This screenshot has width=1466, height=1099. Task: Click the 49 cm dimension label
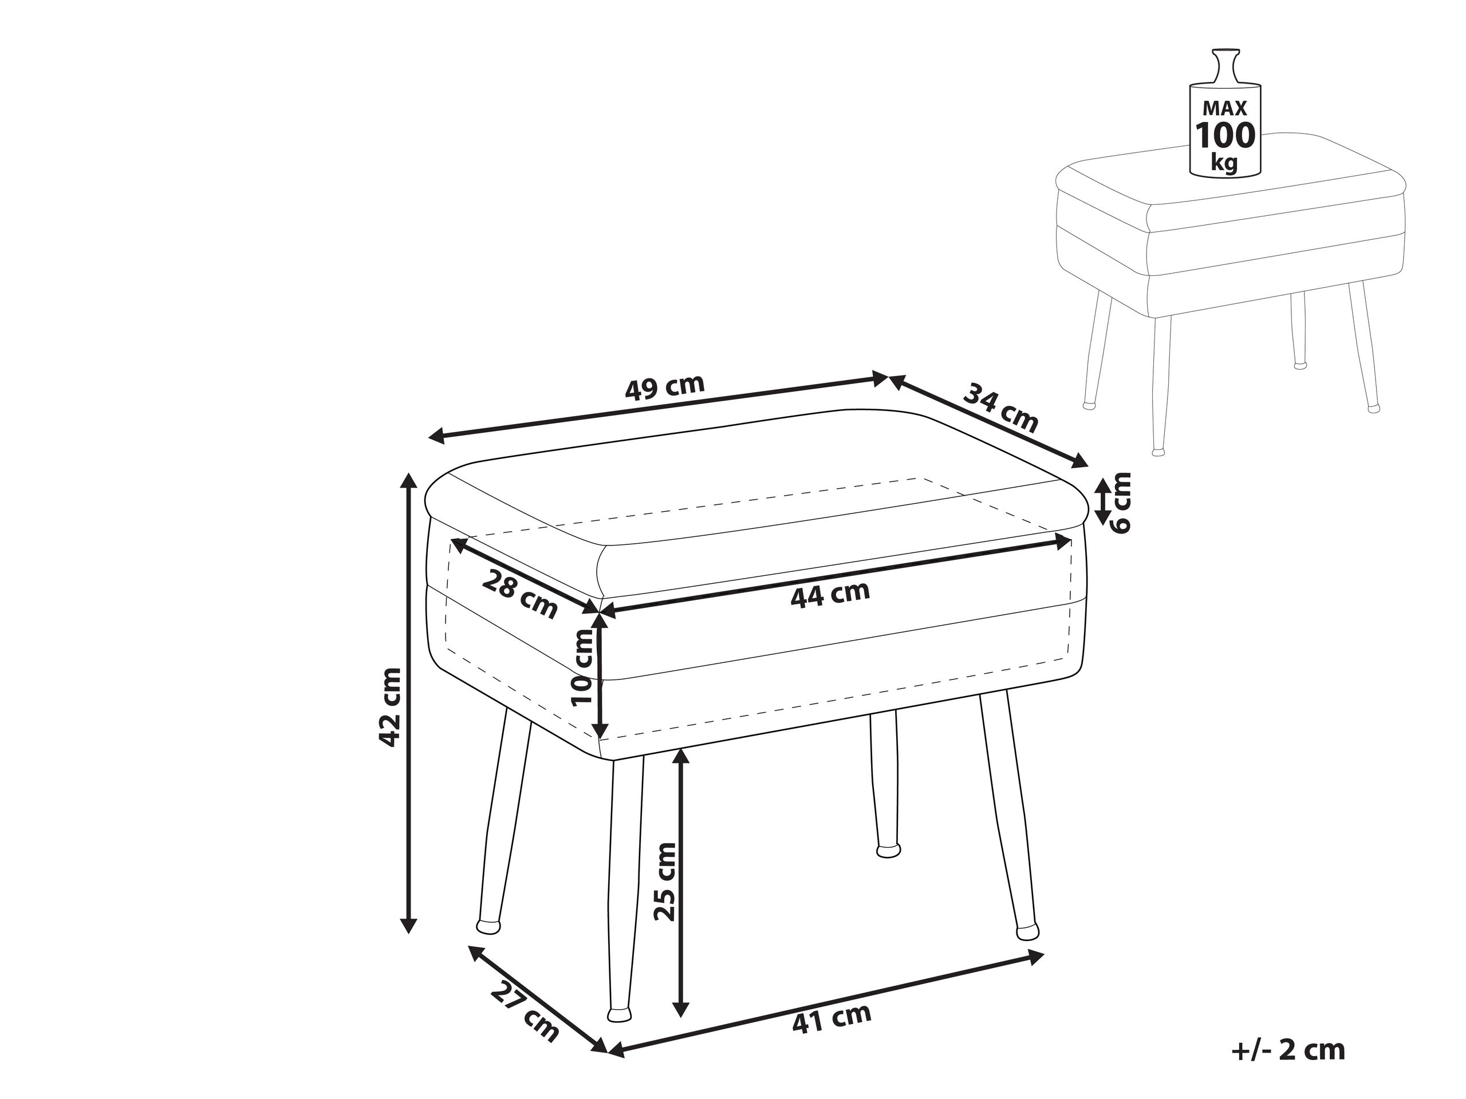pyautogui.click(x=665, y=388)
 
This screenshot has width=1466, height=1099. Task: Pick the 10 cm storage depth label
pyautogui.click(x=582, y=668)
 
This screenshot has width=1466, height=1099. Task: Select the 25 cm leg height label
pyautogui.click(x=664, y=881)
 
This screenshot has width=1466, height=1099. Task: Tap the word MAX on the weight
pyautogui.click(x=1225, y=109)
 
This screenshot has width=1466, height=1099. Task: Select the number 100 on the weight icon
pyautogui.click(x=1225, y=136)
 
